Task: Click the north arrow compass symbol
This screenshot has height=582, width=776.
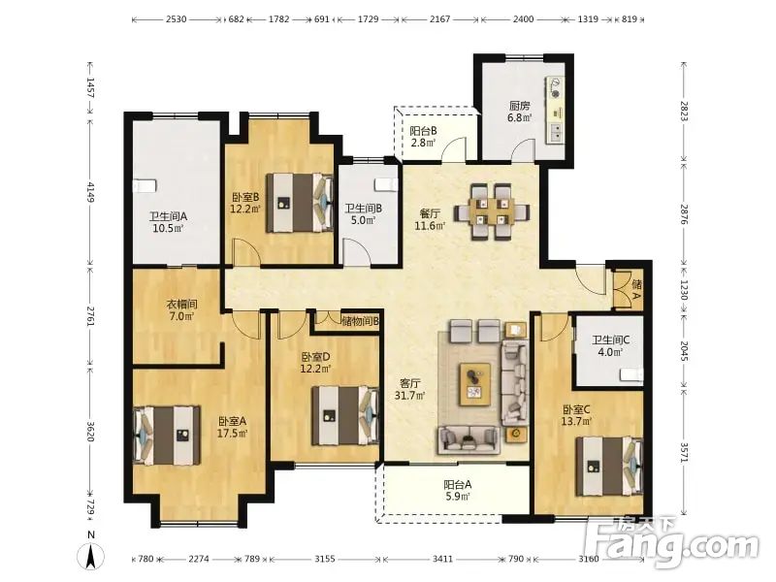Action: pyautogui.click(x=91, y=555)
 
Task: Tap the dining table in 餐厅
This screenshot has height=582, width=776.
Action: pyautogui.click(x=492, y=211)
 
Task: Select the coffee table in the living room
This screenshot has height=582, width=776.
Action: pyautogui.click(x=475, y=384)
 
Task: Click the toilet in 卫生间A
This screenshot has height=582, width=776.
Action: pyautogui.click(x=145, y=185)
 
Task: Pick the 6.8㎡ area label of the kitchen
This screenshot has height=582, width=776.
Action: pyautogui.click(x=520, y=117)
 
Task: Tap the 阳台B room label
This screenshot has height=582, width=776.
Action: pyautogui.click(x=423, y=131)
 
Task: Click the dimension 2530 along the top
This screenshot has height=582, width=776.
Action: pyautogui.click(x=177, y=19)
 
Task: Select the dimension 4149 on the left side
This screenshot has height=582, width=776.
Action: pyautogui.click(x=91, y=192)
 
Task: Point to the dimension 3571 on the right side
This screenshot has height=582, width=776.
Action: pyautogui.click(x=684, y=452)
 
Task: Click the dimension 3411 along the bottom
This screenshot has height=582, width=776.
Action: pyautogui.click(x=442, y=559)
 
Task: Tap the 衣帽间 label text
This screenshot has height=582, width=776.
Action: pyautogui.click(x=182, y=304)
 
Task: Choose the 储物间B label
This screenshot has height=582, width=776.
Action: pyautogui.click(x=360, y=321)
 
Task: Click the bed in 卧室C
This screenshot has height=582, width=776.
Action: pyautogui.click(x=609, y=467)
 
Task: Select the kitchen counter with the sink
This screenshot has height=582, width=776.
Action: pyautogui.click(x=555, y=110)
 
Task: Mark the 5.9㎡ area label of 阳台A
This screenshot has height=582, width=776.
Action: pyautogui.click(x=457, y=497)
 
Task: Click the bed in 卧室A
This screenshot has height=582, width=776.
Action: pyautogui.click(x=167, y=436)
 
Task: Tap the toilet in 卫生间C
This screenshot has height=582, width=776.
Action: pyautogui.click(x=632, y=374)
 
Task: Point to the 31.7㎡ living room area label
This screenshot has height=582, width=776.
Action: pyautogui.click(x=409, y=396)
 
